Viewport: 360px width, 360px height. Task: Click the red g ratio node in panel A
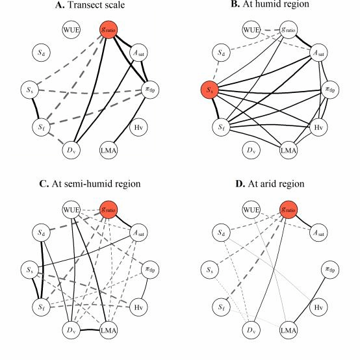(109, 30)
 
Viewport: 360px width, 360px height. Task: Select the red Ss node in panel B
(210, 90)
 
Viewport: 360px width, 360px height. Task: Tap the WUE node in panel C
(71, 210)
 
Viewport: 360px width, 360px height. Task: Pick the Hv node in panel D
(318, 307)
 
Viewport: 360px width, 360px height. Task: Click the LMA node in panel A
(109, 150)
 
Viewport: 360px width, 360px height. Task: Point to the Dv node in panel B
(251, 150)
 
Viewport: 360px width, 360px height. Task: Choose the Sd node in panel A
(41, 53)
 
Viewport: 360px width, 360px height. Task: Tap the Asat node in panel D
(318, 233)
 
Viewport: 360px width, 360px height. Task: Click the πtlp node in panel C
(150, 270)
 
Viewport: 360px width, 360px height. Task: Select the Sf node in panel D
(221, 307)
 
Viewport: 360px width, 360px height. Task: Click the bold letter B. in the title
(235, 4)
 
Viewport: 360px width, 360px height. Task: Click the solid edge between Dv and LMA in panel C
(90, 330)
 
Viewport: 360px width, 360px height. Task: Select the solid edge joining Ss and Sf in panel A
(35, 109)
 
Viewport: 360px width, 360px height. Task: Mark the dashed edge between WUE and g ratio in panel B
(270, 30)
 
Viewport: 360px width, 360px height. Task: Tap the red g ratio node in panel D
(289, 210)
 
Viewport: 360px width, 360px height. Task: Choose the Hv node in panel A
(138, 127)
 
